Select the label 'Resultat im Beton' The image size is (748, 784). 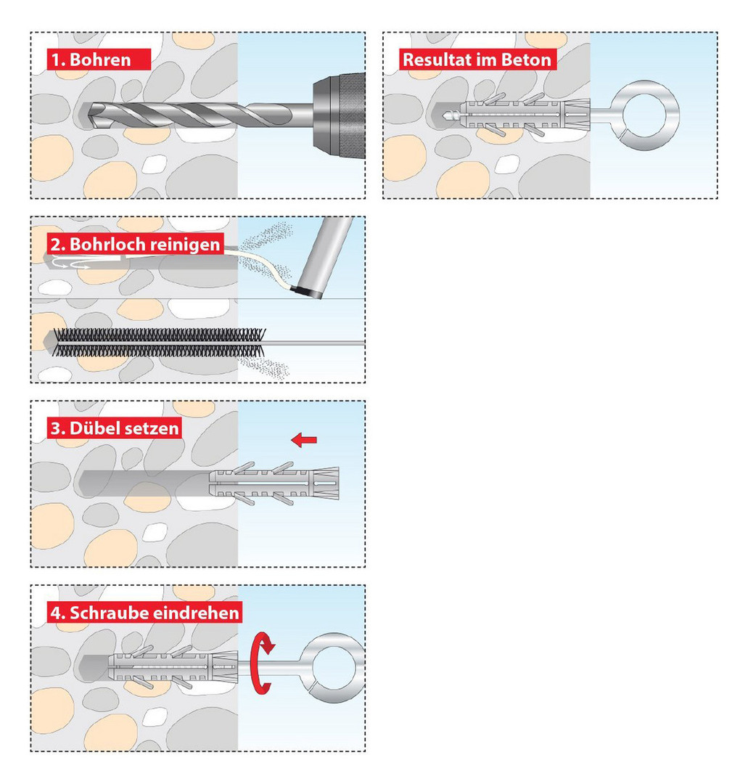point(477,59)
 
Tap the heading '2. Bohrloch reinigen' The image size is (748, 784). point(134,244)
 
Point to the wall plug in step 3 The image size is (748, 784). point(276,481)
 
